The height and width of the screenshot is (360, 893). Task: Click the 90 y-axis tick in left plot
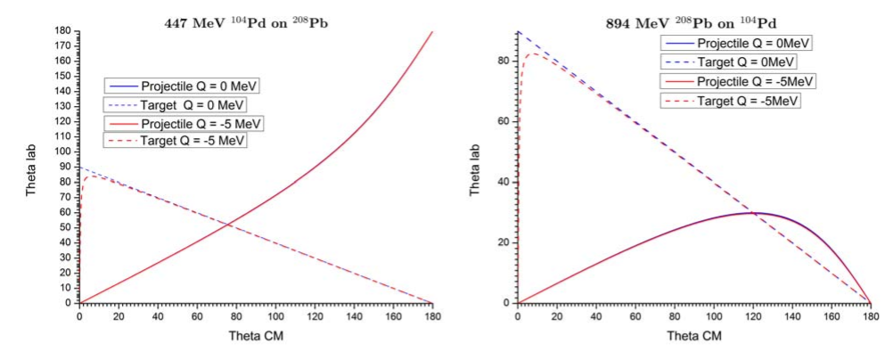click(x=68, y=168)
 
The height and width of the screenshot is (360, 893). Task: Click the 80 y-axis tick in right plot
click(x=505, y=61)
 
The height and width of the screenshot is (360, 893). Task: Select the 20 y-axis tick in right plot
click(x=505, y=242)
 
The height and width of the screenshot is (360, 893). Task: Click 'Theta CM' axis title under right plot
click(x=694, y=338)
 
